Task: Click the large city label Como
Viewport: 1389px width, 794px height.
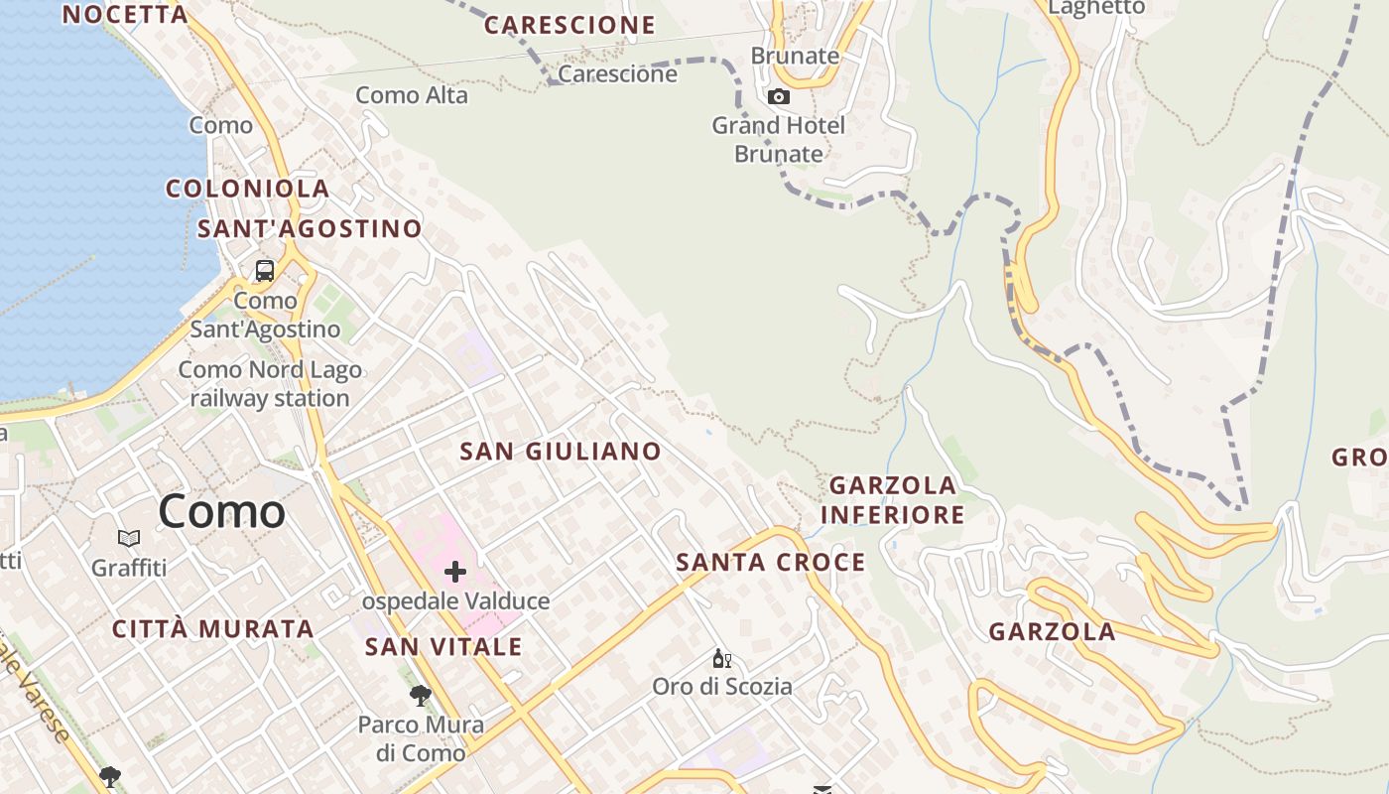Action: click(x=221, y=512)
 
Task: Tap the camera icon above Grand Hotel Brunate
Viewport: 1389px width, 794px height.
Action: click(x=779, y=96)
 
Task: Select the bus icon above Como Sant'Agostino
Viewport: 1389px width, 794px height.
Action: click(x=265, y=270)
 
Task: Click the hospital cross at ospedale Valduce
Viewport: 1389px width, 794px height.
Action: click(x=455, y=572)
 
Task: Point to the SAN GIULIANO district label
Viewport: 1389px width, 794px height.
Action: click(x=561, y=452)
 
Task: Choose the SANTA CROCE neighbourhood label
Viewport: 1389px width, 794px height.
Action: click(x=771, y=563)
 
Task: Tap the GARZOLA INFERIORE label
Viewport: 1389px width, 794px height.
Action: click(x=893, y=500)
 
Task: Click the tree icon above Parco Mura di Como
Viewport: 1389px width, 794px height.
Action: click(x=421, y=696)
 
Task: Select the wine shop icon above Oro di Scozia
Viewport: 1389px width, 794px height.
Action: click(x=722, y=659)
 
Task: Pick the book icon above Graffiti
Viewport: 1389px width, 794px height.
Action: click(x=129, y=539)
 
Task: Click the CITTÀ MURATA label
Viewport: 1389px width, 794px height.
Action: click(x=212, y=629)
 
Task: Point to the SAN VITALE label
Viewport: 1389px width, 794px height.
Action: click(x=443, y=647)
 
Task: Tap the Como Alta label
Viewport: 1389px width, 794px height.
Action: click(x=412, y=96)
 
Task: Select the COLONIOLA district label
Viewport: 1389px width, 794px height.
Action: click(x=247, y=189)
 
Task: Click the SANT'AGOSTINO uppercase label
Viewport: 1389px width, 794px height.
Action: click(x=310, y=229)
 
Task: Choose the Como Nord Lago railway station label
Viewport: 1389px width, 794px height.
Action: click(x=270, y=384)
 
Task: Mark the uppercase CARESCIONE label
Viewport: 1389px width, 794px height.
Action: click(x=569, y=26)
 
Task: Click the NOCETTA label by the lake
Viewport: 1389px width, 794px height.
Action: click(x=125, y=14)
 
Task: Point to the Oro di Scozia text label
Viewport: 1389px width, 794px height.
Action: click(x=722, y=686)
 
